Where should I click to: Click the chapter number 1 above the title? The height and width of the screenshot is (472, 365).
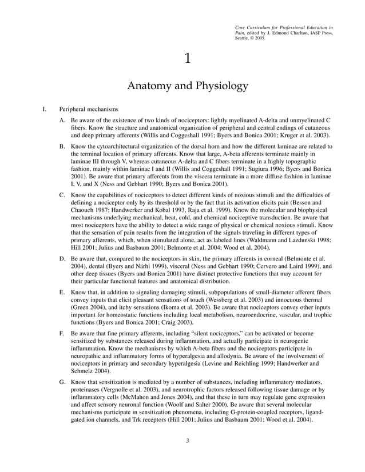pyautogui.click(x=187, y=58)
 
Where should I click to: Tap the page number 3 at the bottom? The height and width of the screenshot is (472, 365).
pyautogui.click(x=187, y=441)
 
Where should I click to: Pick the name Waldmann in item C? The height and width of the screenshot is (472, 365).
pyautogui.click(x=266, y=241)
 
